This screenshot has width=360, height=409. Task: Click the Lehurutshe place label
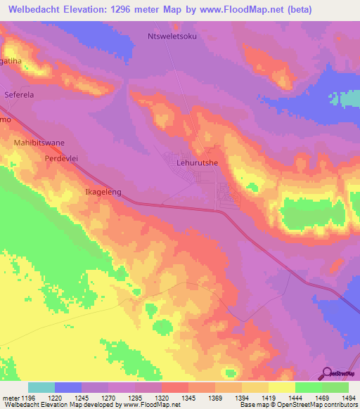196,162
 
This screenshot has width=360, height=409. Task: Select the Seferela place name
19,93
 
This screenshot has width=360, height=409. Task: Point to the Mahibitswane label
39,143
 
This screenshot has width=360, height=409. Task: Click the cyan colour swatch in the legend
41,387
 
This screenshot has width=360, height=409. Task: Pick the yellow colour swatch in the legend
282,387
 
